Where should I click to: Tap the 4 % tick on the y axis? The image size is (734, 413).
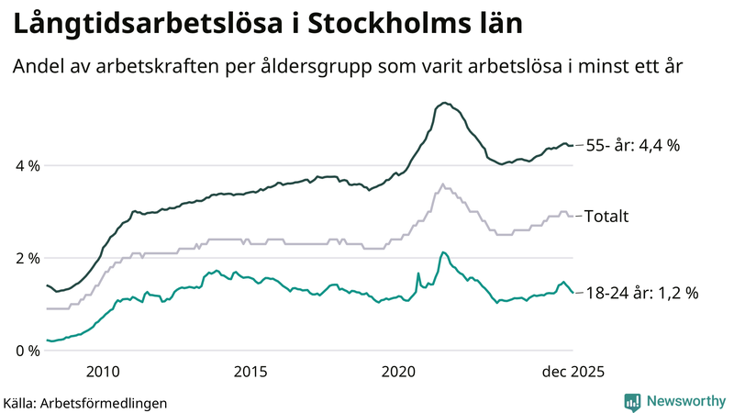click(x=27, y=166)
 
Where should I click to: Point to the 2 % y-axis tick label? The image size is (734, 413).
click(x=27, y=258)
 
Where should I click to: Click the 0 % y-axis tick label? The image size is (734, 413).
click(x=27, y=351)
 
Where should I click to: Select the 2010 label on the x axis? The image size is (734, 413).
click(x=102, y=371)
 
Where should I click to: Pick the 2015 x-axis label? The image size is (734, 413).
click(x=250, y=371)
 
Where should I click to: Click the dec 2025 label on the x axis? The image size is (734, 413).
click(x=572, y=371)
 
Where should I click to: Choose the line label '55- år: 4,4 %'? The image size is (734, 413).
click(x=632, y=145)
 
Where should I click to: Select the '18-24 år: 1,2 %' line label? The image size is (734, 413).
click(x=641, y=293)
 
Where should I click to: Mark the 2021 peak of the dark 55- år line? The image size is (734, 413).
click(x=444, y=103)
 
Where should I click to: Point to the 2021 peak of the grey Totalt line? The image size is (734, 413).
click(x=443, y=184)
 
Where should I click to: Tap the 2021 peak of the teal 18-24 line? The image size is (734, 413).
click(x=442, y=251)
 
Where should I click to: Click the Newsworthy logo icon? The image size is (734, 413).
click(x=633, y=401)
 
